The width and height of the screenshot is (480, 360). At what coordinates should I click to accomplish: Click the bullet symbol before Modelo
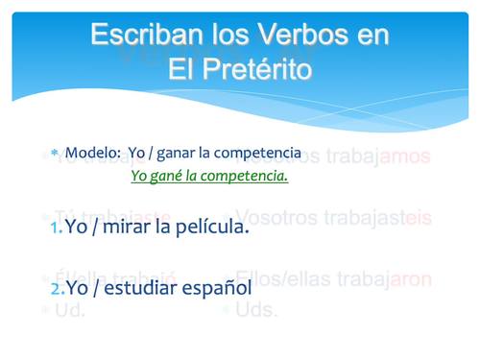tap(56, 154)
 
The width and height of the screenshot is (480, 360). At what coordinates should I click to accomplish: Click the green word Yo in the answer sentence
tap(139, 177)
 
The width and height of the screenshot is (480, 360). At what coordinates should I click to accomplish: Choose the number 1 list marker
tap(56, 228)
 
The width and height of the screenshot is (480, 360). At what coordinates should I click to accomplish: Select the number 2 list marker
tap(57, 287)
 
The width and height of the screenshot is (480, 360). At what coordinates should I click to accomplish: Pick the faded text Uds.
tap(256, 309)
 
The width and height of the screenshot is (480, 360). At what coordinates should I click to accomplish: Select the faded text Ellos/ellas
tap(283, 279)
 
